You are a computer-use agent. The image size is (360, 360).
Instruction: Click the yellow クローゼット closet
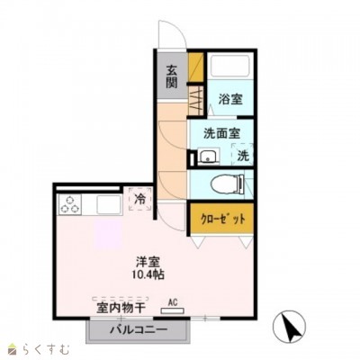tap(220, 219)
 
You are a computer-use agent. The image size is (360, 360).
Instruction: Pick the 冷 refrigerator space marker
tap(139, 198)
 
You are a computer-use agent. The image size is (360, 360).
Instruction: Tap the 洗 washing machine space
tap(243, 155)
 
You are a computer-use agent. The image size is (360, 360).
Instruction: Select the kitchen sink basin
tap(107, 204)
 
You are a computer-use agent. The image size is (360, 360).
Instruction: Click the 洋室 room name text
tap(148, 261)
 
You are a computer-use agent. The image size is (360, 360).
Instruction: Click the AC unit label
tap(172, 304)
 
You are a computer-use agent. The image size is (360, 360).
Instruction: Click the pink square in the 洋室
tap(109, 238)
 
